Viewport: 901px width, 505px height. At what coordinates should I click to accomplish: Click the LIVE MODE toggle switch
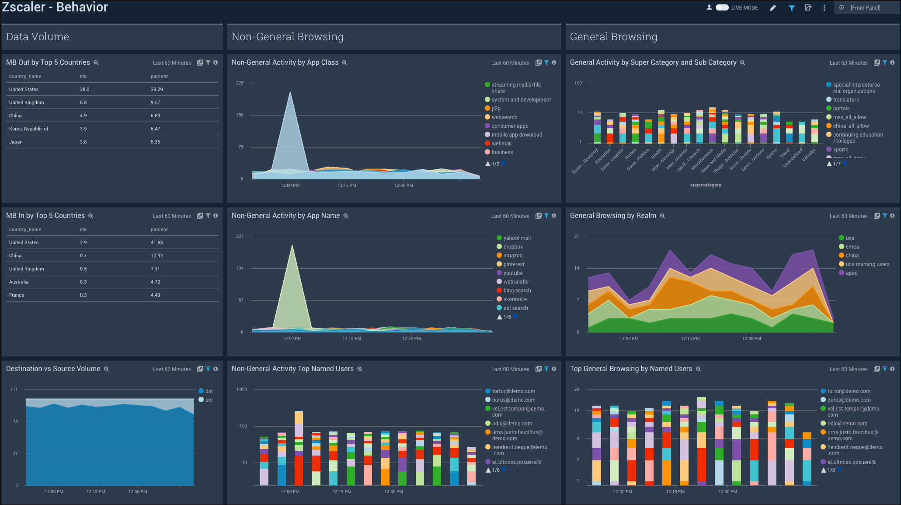click(x=722, y=7)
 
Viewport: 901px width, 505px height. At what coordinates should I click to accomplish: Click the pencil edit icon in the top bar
click(x=773, y=8)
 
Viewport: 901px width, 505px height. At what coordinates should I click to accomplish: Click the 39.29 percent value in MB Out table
click(x=157, y=89)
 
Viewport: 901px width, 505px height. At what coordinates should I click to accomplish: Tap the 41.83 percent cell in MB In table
click(x=157, y=242)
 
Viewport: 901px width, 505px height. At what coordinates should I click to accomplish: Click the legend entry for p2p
click(x=496, y=109)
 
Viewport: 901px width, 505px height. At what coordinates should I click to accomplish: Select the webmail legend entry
click(x=501, y=144)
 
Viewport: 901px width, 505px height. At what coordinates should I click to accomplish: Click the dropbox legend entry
click(x=513, y=247)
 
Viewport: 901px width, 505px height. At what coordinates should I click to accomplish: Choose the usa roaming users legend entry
click(x=867, y=264)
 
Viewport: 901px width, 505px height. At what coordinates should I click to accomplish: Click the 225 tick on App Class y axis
click(x=240, y=83)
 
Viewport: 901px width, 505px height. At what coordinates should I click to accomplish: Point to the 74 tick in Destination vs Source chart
click(x=15, y=421)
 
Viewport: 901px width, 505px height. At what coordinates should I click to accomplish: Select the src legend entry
click(x=209, y=400)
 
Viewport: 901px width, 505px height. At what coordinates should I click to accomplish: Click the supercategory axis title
click(x=706, y=185)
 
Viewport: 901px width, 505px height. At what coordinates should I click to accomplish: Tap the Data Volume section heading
click(x=38, y=37)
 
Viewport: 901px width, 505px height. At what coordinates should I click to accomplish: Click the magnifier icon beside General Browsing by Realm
click(x=662, y=216)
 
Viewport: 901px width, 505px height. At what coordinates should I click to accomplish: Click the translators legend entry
click(x=845, y=100)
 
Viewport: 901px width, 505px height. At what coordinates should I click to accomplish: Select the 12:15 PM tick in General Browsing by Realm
click(x=690, y=338)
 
